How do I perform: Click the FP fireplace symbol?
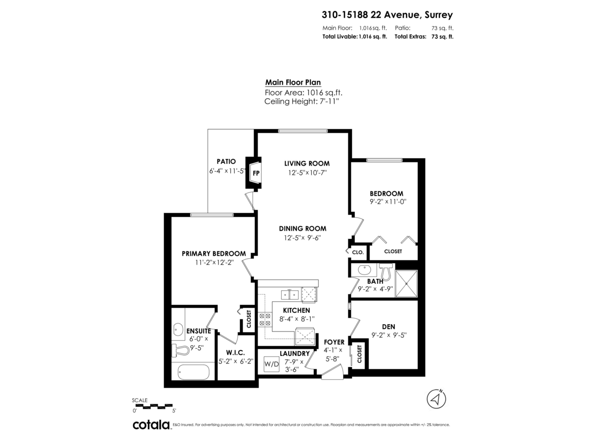point(256,173)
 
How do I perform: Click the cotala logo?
point(151,425)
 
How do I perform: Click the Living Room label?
point(307,164)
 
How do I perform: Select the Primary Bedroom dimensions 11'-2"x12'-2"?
point(214,262)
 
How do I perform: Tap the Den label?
point(388,327)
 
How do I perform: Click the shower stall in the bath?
point(406,283)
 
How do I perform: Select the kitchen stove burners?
point(265,320)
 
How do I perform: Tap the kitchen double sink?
point(290,295)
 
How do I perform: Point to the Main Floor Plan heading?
point(293,83)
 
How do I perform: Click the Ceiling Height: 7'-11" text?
point(301,101)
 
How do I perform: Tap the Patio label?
point(226,161)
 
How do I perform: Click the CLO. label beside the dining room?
point(358,252)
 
